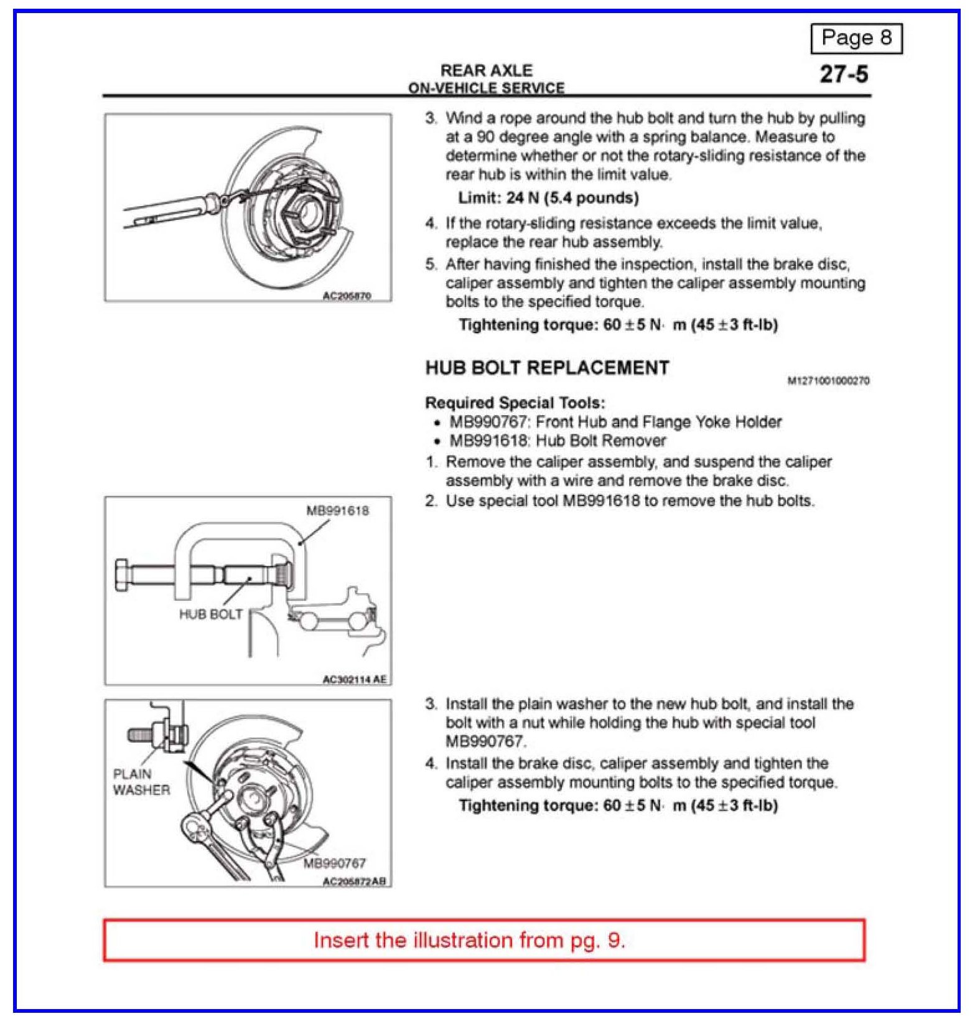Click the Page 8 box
[856, 38]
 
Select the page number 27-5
[844, 74]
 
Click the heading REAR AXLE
[486, 70]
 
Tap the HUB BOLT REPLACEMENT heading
[547, 368]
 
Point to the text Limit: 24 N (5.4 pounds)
[548, 198]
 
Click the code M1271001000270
[828, 380]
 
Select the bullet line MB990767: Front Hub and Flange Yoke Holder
[615, 422]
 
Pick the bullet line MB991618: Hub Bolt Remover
[557, 441]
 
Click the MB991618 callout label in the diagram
[337, 511]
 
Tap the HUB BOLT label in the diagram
[210, 614]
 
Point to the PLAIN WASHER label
[141, 782]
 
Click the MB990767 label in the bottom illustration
[334, 863]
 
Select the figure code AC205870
[347, 296]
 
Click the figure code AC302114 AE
[354, 679]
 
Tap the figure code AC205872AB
[354, 881]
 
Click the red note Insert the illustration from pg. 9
[469, 940]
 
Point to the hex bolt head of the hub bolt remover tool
[123, 575]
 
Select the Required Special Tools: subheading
[515, 403]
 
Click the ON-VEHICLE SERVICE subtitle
[486, 88]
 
